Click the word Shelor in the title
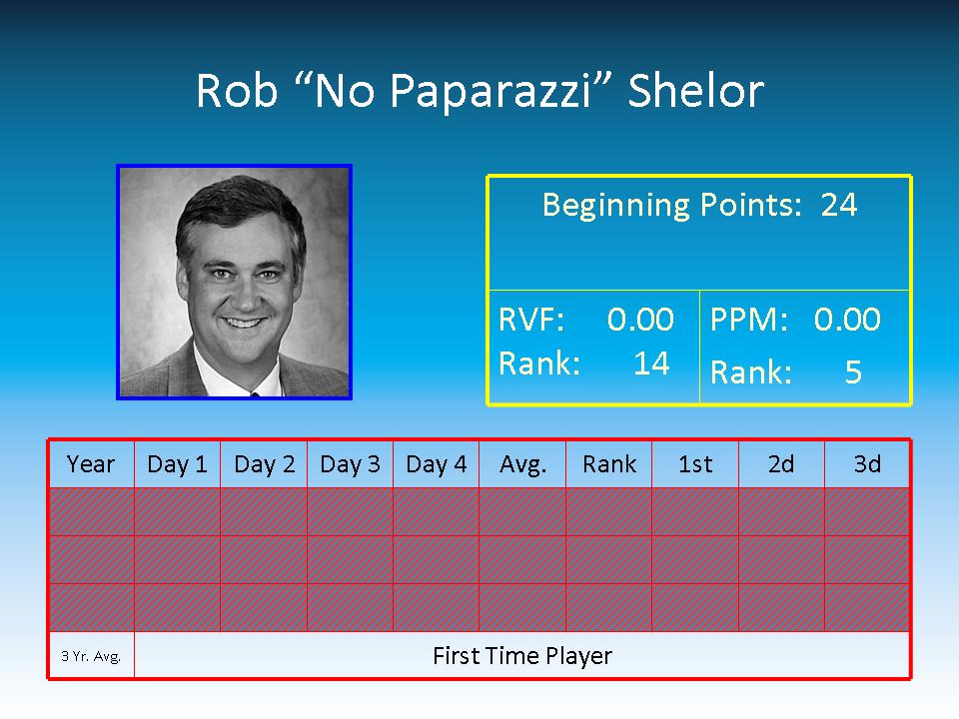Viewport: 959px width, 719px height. [696, 91]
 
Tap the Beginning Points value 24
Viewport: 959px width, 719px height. [838, 205]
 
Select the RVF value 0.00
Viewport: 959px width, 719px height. [640, 320]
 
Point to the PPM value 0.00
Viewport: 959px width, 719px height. [847, 320]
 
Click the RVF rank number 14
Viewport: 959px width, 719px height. [652, 363]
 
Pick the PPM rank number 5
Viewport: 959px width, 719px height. [853, 371]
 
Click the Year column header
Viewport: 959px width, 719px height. [91, 464]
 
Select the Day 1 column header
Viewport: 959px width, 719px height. [178, 464]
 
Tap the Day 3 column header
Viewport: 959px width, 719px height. [350, 464]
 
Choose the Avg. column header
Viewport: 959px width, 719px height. [522, 465]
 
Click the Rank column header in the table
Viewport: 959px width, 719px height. [609, 464]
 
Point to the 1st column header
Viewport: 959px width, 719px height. [695, 464]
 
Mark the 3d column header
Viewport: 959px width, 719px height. [867, 464]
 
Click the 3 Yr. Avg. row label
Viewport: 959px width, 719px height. [91, 656]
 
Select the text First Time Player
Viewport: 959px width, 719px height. [522, 656]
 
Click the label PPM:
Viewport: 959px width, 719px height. [749, 320]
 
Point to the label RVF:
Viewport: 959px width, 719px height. [531, 320]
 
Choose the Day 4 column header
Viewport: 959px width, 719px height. [437, 464]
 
